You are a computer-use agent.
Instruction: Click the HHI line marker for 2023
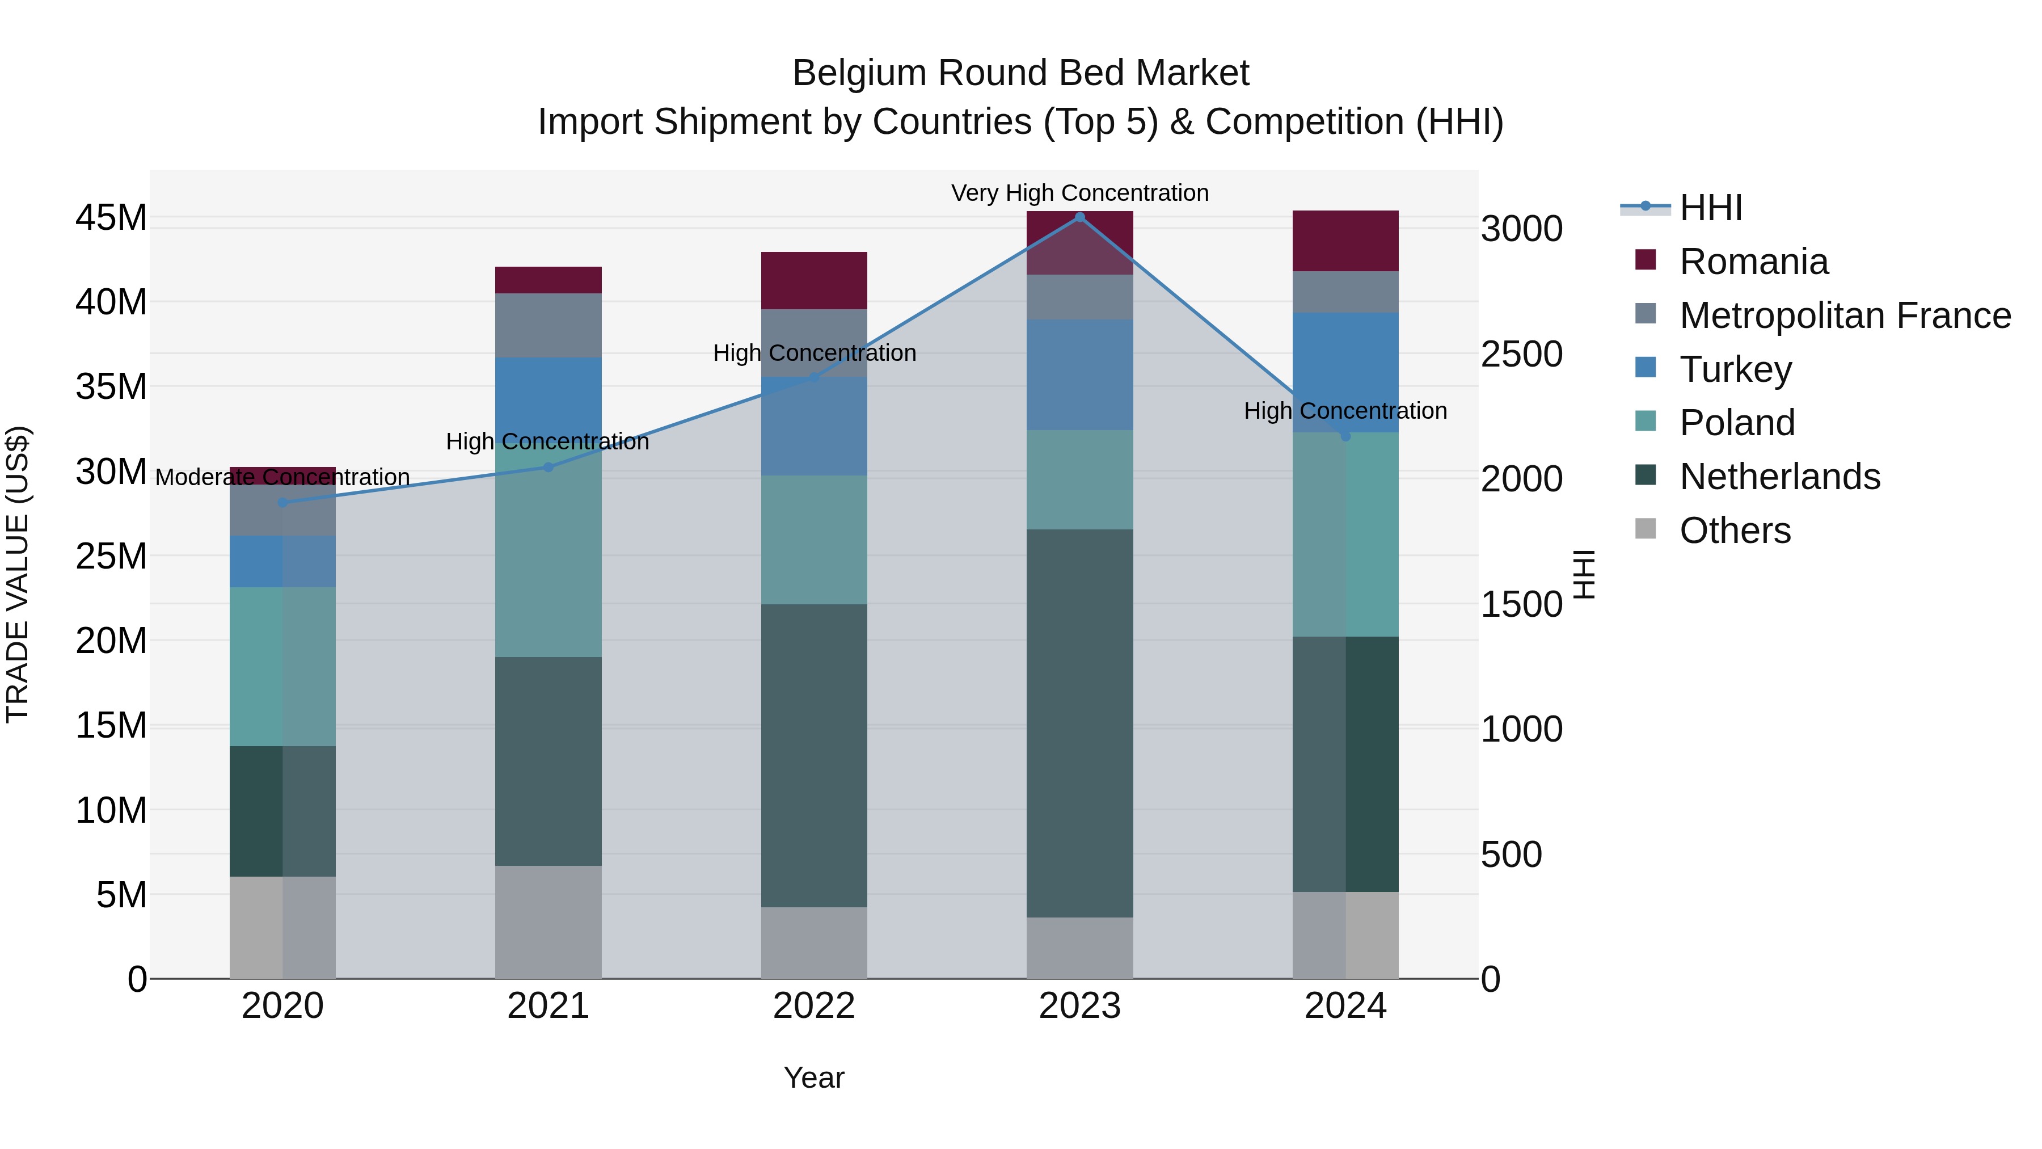coord(1079,217)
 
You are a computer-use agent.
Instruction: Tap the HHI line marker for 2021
coord(548,467)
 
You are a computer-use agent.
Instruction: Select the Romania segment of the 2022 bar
coord(814,281)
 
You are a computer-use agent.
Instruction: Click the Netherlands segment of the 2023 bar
coord(1079,723)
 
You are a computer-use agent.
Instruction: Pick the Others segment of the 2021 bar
coord(548,921)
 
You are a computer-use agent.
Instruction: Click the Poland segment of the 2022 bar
coord(814,540)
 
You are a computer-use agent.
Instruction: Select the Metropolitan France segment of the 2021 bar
coord(548,325)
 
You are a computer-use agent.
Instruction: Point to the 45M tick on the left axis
coord(111,217)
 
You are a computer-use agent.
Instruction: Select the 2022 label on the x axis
coord(814,1006)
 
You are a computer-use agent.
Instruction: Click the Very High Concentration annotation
coord(1079,193)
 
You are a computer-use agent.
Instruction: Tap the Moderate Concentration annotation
coord(282,477)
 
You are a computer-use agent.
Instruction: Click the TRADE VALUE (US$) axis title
coord(18,574)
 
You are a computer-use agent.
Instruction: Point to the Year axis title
coord(814,1078)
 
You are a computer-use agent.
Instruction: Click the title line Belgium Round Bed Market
coord(1020,73)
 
